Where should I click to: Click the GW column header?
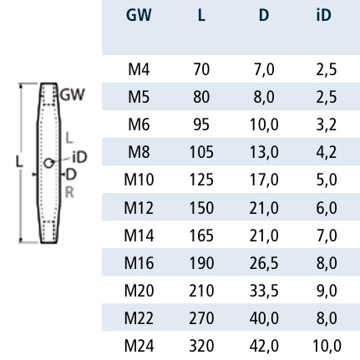point(139,15)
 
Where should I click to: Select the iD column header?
point(324,15)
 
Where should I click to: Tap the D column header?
point(264,15)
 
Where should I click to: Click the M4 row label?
point(139,69)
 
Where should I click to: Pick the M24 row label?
point(139,346)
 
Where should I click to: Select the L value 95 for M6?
point(201,124)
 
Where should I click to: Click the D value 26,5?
point(264,263)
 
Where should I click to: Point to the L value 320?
point(201,346)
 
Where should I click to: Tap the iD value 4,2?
point(326,152)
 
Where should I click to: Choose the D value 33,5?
point(264,291)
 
